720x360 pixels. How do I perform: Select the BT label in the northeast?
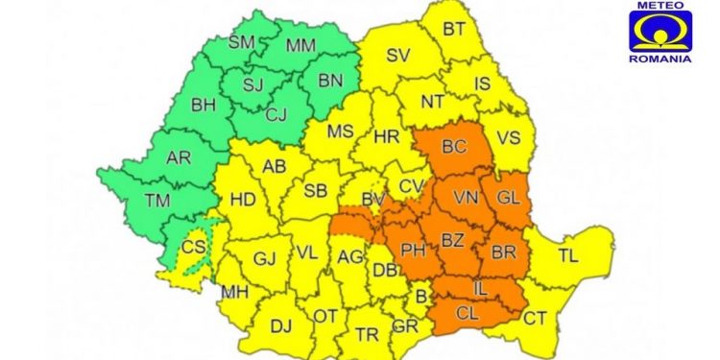point(453,30)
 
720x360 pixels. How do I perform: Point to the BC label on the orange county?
point(454,146)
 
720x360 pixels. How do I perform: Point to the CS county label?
point(194,247)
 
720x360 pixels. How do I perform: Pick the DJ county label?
point(280,327)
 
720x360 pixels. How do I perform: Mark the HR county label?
point(386,137)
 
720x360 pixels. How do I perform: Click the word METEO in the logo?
point(662,6)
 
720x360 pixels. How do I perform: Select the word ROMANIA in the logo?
point(662,58)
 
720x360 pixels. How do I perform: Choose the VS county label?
point(509,137)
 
